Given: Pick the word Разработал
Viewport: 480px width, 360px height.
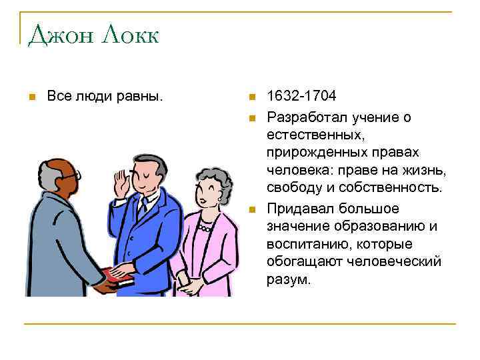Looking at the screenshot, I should [x=305, y=117].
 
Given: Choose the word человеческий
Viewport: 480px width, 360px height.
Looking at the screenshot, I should [x=394, y=261].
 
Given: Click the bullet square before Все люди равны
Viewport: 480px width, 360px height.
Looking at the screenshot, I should [x=31, y=97].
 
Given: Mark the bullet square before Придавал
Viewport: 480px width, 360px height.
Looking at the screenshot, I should [x=252, y=208].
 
